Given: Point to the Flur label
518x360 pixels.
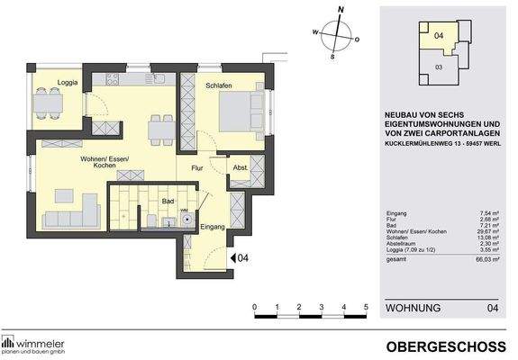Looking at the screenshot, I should point(197,166).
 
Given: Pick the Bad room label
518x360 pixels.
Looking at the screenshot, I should point(167,202).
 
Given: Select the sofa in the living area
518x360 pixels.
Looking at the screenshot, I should point(68,216).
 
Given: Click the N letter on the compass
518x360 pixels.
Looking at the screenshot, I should point(341,11).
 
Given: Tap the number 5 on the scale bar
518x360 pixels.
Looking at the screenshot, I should point(366,307).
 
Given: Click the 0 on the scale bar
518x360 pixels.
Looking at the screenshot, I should point(255,307).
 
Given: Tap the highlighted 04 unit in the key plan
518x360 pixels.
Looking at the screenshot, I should point(439,36).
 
